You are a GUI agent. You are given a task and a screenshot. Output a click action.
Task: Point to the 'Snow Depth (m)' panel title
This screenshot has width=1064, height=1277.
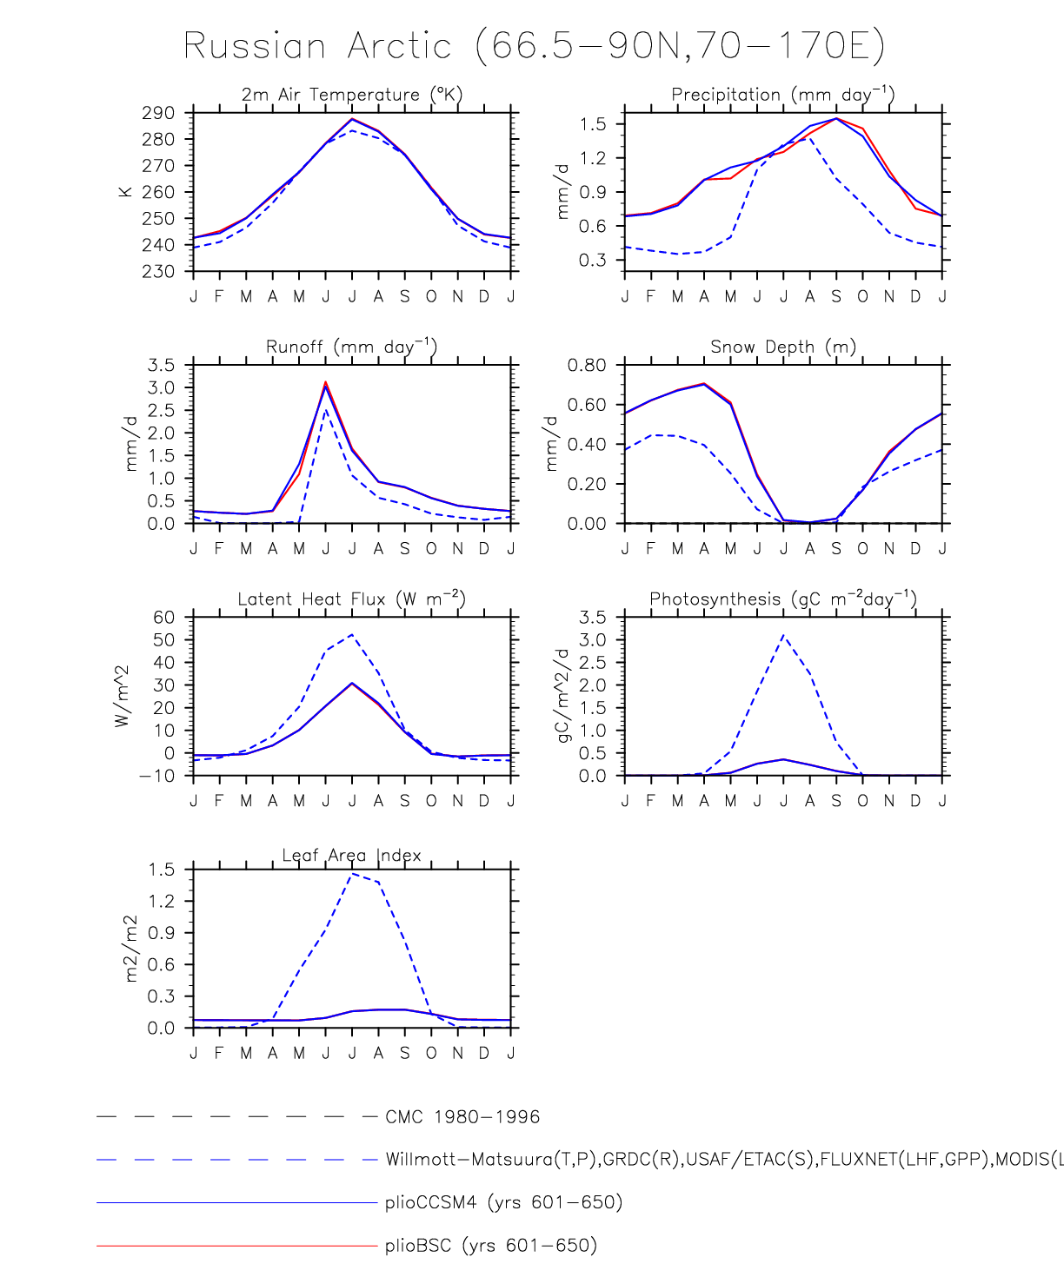tap(782, 347)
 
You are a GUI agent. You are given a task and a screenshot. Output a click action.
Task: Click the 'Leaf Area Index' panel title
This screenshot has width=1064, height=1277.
tap(351, 855)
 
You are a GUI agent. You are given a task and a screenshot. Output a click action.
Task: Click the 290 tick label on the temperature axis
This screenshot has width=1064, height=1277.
tap(159, 113)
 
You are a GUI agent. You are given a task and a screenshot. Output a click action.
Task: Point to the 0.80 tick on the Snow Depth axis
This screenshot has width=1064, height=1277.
tap(587, 365)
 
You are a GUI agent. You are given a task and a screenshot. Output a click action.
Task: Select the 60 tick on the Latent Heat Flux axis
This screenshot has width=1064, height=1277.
tap(164, 618)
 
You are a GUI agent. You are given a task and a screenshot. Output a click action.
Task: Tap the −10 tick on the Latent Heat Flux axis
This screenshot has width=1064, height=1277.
tap(157, 776)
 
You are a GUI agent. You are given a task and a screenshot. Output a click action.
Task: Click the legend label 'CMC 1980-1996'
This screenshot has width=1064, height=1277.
tap(462, 1116)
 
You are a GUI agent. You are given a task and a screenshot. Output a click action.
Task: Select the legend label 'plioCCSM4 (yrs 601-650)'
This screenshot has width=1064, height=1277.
tap(504, 1202)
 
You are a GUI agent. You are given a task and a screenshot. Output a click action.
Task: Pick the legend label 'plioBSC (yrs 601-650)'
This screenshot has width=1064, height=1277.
tap(491, 1245)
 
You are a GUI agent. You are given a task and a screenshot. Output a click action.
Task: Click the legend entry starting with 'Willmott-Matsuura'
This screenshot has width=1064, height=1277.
tap(722, 1159)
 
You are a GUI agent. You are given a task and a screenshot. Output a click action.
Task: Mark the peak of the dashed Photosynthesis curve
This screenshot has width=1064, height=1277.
tap(783, 635)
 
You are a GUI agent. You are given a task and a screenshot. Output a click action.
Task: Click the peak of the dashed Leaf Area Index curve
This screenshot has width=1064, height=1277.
tap(352, 874)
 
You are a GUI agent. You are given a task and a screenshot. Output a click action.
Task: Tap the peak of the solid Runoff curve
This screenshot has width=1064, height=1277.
tap(326, 383)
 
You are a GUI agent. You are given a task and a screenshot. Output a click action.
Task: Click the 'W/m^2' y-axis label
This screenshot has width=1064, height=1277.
tap(123, 696)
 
